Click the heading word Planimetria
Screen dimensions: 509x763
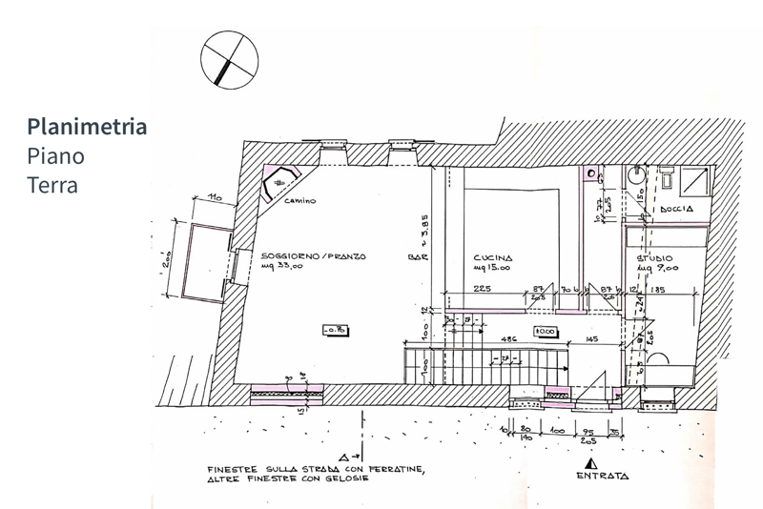[x=88, y=127]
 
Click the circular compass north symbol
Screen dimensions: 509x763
[x=229, y=58]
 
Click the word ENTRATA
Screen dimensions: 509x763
[x=601, y=475]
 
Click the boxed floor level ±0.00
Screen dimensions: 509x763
[x=546, y=331]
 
